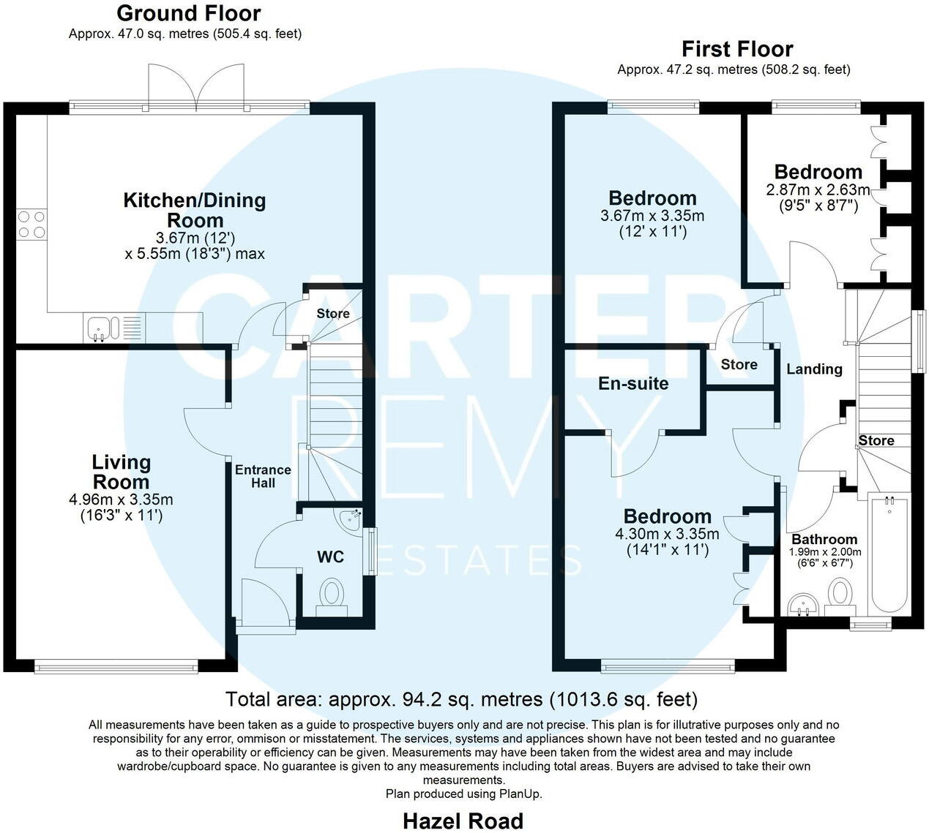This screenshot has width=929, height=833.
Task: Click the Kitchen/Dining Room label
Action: (195, 210)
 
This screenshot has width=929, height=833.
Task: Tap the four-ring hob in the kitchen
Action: (30, 224)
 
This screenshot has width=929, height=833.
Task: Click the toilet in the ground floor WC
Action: (332, 595)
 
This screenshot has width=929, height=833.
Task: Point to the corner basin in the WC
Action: (350, 518)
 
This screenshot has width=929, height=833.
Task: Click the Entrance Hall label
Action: (263, 476)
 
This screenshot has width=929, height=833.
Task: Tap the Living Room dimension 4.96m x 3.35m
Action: (121, 500)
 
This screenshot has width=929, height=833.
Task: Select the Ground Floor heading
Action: (189, 13)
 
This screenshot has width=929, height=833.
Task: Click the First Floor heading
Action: (737, 49)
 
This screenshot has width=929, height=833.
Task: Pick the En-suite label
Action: (633, 383)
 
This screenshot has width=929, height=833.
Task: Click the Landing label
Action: (814, 369)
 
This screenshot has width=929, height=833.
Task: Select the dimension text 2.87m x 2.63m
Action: (818, 190)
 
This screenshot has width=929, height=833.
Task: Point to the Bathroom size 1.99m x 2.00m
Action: (825, 552)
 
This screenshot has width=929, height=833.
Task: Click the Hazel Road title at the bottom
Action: (463, 821)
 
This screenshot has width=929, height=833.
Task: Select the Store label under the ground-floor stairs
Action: (333, 314)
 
